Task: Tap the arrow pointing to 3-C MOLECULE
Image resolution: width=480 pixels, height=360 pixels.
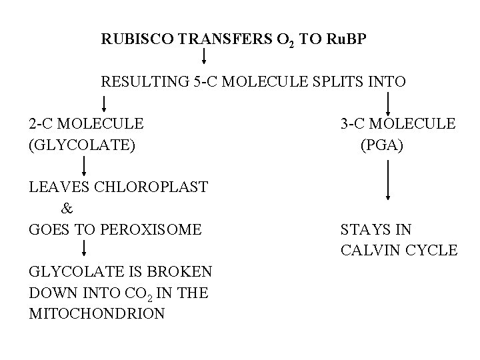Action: (x=389, y=103)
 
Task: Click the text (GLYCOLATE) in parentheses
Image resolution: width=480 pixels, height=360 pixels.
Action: (x=81, y=143)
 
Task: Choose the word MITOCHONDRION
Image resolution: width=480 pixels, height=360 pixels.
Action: (x=97, y=313)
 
